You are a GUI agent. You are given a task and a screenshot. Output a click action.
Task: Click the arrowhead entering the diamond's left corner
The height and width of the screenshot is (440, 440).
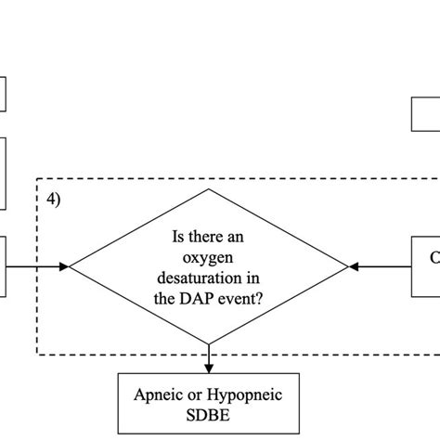click(x=64, y=267)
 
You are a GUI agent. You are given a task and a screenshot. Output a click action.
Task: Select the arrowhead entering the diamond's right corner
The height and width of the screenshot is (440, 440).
click(x=354, y=267)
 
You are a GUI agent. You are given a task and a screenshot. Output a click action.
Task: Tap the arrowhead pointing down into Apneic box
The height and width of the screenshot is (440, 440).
click(x=210, y=369)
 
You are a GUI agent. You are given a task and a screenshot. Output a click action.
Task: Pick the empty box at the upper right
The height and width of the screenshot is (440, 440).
click(x=426, y=113)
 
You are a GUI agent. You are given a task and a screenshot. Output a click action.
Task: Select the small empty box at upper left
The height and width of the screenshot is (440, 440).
click(x=3, y=94)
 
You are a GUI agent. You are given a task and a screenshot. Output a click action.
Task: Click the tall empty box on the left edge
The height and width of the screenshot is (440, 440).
click(x=3, y=174)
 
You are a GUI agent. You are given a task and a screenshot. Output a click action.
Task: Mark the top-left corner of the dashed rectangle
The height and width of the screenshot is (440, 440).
click(x=37, y=179)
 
